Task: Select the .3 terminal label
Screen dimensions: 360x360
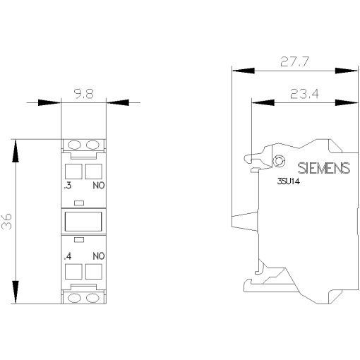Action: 66,187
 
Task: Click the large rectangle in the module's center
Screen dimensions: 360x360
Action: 85,222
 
